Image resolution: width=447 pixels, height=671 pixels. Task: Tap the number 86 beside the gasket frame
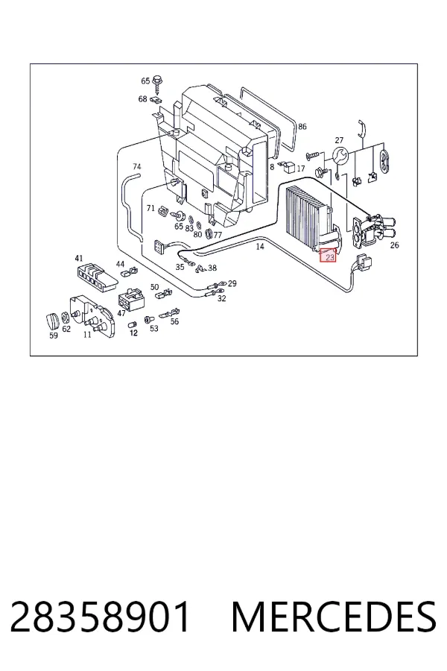pos(302,126)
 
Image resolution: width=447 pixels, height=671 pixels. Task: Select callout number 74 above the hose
pos(137,166)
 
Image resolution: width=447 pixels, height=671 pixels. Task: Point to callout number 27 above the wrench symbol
pos(339,140)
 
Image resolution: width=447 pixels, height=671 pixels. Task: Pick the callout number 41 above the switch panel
pos(79,258)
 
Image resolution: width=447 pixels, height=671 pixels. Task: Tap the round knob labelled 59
pos(53,321)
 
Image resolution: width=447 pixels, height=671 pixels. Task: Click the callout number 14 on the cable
pos(260,246)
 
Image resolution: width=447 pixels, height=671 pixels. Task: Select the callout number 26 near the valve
pos(394,245)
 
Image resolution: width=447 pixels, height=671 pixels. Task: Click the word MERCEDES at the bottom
pos(334,617)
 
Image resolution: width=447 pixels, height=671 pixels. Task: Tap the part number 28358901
pos(100,617)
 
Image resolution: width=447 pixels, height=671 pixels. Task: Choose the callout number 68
pos(142,99)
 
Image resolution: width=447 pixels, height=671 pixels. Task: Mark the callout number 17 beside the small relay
pos(301,168)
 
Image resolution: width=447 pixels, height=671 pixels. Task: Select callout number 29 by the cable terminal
pos(232,283)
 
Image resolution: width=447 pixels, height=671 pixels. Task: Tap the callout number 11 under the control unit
pos(87,335)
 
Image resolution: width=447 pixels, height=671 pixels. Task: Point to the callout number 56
pos(174,321)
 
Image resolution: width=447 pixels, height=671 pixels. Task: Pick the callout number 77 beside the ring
pos(218,235)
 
